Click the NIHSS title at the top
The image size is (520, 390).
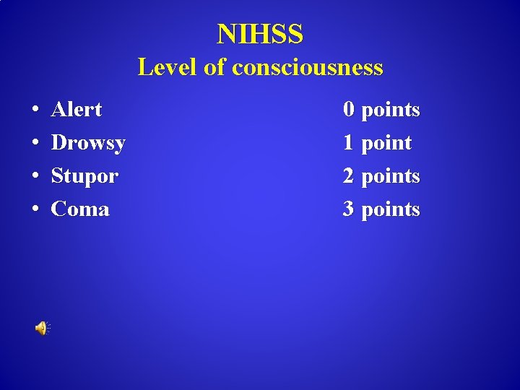[260, 33]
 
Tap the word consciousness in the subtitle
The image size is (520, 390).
[308, 67]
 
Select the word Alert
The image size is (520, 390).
[77, 110]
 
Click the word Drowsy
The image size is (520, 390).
[88, 143]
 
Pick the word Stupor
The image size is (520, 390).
[84, 176]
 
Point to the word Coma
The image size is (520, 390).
[80, 209]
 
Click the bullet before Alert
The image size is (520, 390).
[35, 110]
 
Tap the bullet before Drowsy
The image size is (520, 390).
[35, 144]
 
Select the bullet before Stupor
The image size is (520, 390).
[35, 177]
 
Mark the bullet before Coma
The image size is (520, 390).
[35, 210]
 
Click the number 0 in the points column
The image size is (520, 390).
[349, 110]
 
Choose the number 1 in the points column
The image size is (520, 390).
[349, 143]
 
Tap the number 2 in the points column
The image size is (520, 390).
[349, 176]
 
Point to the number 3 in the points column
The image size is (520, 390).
[349, 209]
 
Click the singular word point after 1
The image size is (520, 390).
[386, 143]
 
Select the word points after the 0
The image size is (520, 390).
[390, 110]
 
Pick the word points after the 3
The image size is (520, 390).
[390, 209]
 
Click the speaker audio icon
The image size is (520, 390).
[41, 329]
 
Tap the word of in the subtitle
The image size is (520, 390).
[214, 67]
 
